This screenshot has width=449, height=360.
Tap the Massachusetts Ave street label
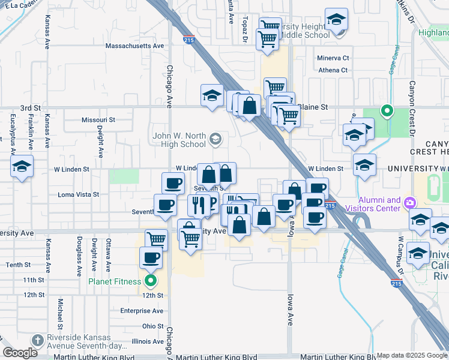pos(134,46)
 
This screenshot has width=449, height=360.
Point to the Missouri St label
pos(98,119)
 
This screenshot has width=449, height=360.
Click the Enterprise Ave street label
pos(142,311)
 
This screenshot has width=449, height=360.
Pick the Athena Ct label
pos(333,70)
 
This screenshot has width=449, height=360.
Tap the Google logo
pos(20,353)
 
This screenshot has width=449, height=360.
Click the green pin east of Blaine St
pos(387,110)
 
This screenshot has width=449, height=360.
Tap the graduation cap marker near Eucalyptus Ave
pos(22,166)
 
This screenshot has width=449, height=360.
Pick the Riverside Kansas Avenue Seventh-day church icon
pos(37,339)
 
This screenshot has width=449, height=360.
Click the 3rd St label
pos(29,107)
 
